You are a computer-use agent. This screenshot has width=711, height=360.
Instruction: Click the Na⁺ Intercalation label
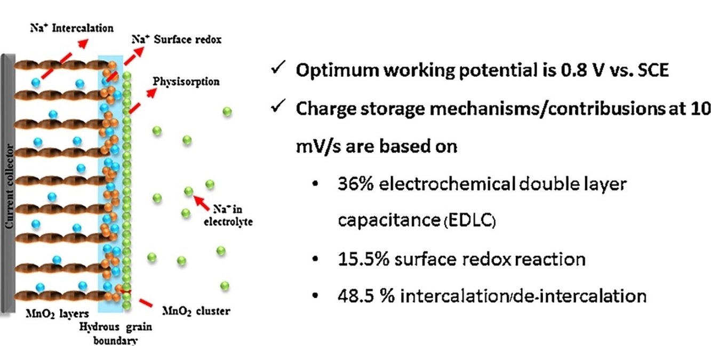pos(71,28)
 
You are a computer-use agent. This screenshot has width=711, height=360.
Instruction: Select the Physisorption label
pos(186,82)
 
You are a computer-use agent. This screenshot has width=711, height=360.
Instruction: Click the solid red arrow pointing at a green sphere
pos(201,202)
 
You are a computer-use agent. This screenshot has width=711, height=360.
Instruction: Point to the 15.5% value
pos(365,259)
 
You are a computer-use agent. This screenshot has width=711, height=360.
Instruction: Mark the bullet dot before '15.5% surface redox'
pos(316,260)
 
